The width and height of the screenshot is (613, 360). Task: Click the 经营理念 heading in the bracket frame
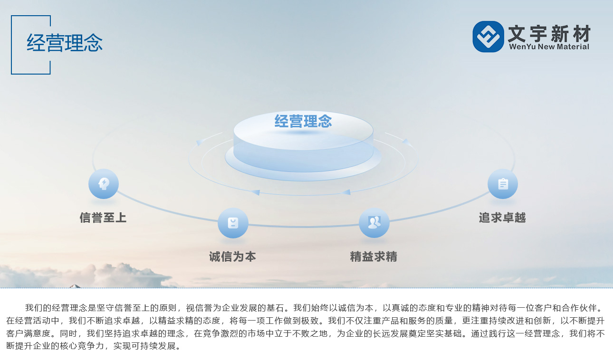(65, 43)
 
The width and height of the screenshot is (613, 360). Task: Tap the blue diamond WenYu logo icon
(488, 37)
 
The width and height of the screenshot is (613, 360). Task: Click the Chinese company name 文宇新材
(549, 33)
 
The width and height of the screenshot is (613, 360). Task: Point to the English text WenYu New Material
(549, 47)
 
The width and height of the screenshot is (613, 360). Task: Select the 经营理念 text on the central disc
(303, 121)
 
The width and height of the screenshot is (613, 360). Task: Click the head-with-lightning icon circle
(104, 183)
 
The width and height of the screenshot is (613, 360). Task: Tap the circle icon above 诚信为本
(233, 223)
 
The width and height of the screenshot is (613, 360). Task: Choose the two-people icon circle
(374, 223)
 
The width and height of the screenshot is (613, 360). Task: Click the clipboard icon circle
(503, 184)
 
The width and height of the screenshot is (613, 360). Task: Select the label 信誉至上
(103, 218)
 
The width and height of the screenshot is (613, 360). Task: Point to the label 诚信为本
(233, 256)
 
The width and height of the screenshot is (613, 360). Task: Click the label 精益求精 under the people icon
(374, 256)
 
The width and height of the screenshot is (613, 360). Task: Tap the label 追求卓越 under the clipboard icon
(502, 218)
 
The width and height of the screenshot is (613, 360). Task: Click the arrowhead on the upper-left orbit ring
(200, 142)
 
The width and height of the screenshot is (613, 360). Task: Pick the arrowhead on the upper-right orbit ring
(407, 142)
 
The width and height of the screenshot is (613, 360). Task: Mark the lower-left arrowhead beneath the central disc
(256, 192)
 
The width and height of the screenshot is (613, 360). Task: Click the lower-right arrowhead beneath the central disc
(346, 192)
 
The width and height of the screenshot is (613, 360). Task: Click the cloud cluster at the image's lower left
(82, 275)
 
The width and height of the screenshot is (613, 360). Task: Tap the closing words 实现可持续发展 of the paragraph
(144, 346)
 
